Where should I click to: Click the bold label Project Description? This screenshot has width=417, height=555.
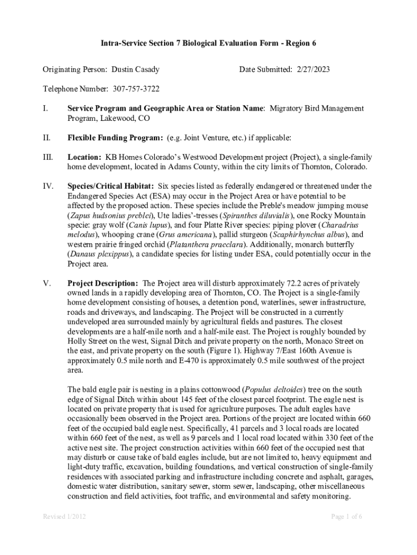click(x=103, y=283)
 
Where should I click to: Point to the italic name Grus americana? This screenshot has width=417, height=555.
click(x=183, y=235)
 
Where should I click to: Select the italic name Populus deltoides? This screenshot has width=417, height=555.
click(x=275, y=390)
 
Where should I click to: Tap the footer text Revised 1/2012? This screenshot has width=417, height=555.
click(x=64, y=517)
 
